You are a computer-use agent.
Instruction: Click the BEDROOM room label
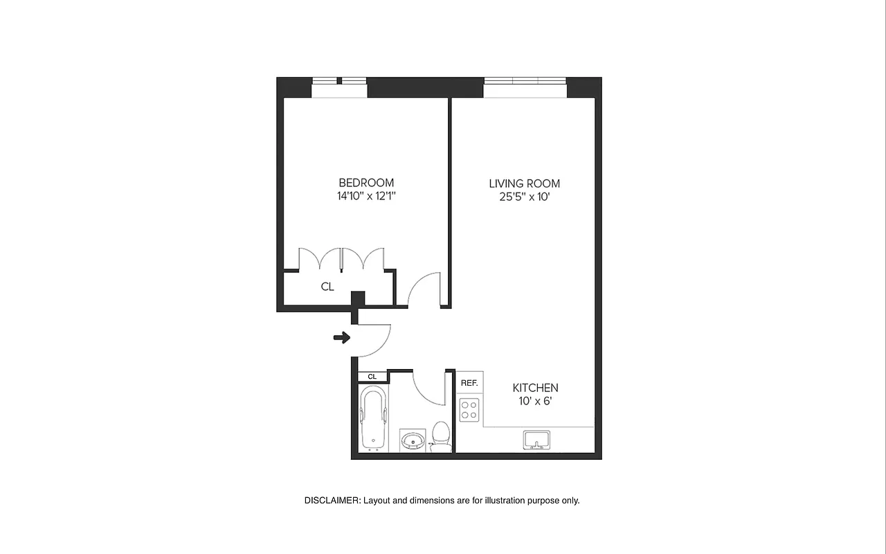click(366, 182)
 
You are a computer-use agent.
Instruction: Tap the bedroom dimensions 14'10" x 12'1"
click(366, 196)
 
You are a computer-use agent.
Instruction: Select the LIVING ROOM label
click(524, 184)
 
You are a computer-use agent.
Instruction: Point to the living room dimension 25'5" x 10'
click(524, 197)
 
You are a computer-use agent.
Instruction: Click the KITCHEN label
click(535, 388)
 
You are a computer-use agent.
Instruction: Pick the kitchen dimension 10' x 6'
click(535, 401)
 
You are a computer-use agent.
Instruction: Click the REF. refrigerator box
click(469, 383)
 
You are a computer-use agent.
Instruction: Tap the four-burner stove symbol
click(469, 410)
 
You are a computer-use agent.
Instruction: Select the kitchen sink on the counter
click(536, 439)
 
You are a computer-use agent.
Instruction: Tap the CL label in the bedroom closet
click(327, 287)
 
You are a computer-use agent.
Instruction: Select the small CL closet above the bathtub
click(372, 377)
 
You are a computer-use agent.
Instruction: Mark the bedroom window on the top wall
click(339, 87)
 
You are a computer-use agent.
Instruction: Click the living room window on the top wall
click(525, 87)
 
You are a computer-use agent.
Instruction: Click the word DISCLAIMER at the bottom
click(332, 500)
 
